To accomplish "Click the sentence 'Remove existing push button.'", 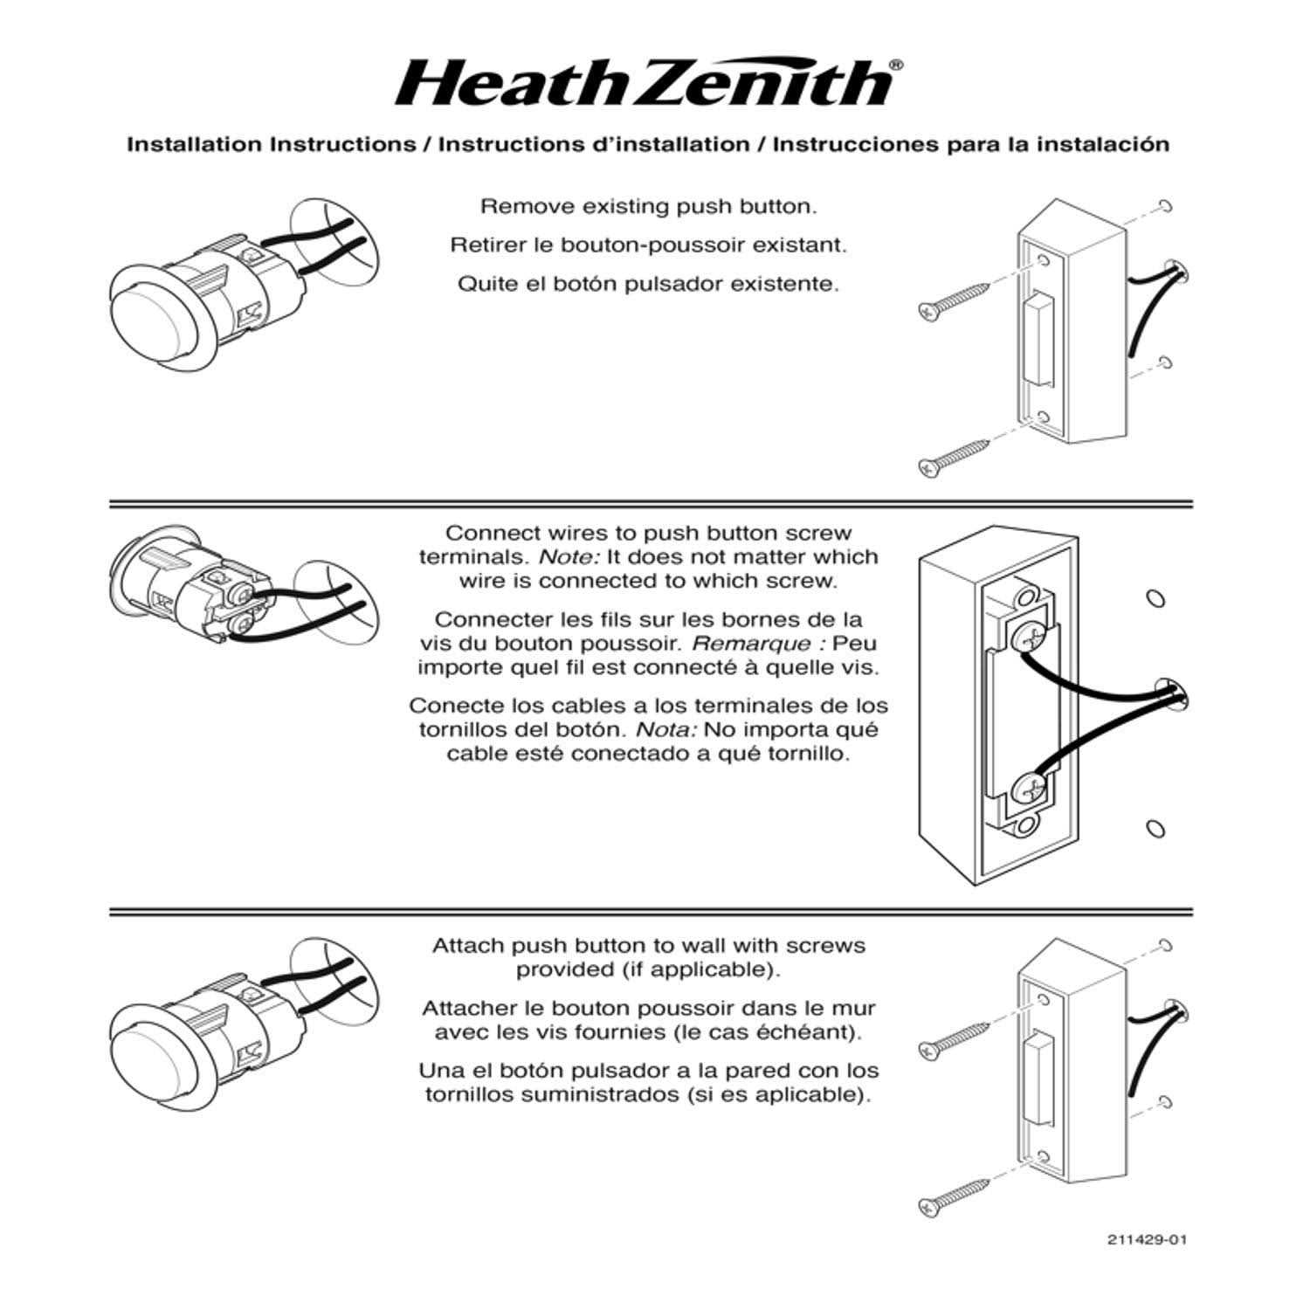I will [648, 207].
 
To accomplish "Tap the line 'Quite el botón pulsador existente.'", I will [648, 285].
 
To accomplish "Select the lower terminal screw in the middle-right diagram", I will [1028, 792].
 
